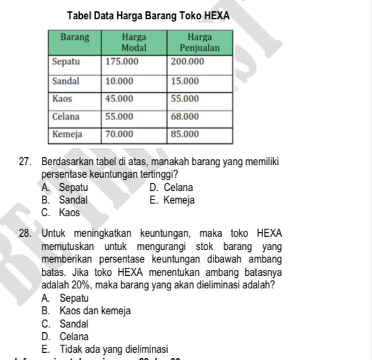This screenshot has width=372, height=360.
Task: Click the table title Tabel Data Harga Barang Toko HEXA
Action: [x=152, y=15]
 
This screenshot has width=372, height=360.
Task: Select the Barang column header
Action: [x=76, y=38]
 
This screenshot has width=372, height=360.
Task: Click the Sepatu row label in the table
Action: [x=66, y=62]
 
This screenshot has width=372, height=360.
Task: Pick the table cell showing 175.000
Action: [x=122, y=62]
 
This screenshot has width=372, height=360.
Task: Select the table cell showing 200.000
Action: [x=188, y=62]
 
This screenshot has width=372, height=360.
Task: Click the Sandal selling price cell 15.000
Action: [x=185, y=81]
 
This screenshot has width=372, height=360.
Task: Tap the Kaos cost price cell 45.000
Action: [x=119, y=99]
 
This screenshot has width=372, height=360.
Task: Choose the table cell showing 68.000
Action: [x=185, y=117]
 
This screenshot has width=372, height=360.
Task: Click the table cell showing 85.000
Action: [x=185, y=134]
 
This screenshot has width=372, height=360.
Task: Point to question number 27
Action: [x=26, y=162]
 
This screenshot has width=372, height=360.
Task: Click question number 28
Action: [x=26, y=233]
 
